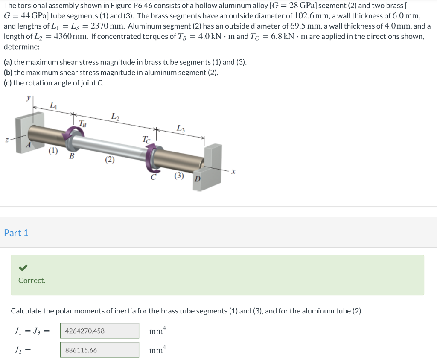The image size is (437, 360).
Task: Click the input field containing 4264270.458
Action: (99, 331)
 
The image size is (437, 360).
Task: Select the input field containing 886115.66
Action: (99, 350)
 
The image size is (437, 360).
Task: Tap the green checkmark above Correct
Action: (23, 268)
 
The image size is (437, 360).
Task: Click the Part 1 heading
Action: (16, 233)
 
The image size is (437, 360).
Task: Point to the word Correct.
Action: (32, 281)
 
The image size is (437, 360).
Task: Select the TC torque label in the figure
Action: (146, 139)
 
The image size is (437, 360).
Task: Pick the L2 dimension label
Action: (115, 116)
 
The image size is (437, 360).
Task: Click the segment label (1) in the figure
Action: (52, 150)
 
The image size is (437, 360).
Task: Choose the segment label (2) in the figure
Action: (110, 160)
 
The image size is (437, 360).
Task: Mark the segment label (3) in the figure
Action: (179, 175)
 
